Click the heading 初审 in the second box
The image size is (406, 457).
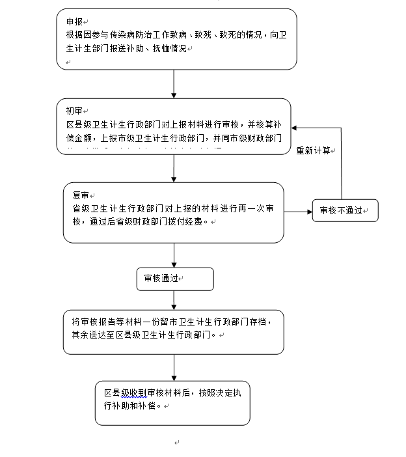(74, 111)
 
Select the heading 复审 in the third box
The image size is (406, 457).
(80, 195)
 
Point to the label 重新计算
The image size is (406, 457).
(314, 150)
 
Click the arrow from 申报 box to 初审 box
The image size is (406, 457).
(174, 83)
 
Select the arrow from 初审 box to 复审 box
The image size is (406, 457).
(174, 169)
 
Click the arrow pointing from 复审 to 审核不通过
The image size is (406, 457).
(298, 211)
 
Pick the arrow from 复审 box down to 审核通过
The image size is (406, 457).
(174, 255)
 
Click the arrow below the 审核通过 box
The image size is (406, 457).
(174, 299)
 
